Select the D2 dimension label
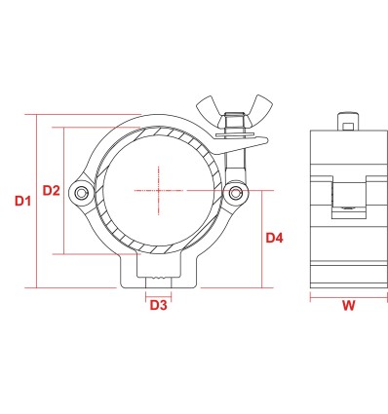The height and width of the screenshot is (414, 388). click(x=52, y=191)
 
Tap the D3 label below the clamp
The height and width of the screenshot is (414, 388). click(x=158, y=305)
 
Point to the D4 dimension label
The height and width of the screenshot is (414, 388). click(x=274, y=237)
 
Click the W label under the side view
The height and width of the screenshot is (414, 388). click(x=347, y=308)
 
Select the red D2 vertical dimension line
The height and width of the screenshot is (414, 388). click(x=64, y=191)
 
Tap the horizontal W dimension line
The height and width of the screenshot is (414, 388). click(x=347, y=296)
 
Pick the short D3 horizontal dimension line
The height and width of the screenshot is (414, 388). click(x=158, y=293)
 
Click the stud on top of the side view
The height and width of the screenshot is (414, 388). click(x=347, y=123)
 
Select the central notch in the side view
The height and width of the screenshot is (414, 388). click(x=347, y=195)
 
